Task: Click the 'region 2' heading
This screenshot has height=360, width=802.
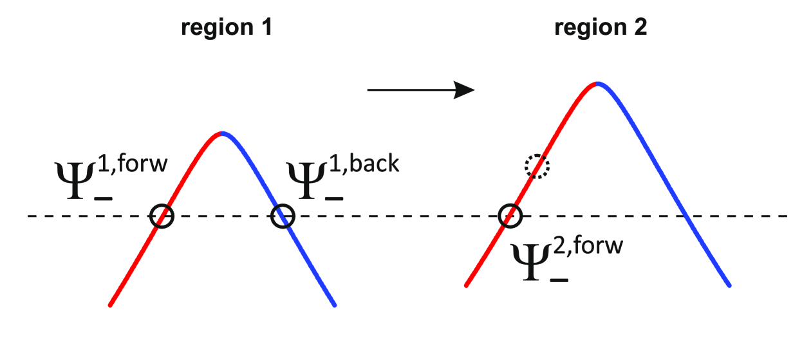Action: point(600,28)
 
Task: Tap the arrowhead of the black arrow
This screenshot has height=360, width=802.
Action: point(465,90)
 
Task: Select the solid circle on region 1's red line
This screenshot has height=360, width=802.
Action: point(162,216)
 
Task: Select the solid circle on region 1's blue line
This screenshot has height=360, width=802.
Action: point(282,216)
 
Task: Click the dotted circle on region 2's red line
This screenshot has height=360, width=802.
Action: point(536,166)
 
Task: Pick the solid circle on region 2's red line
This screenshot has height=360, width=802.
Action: point(510,216)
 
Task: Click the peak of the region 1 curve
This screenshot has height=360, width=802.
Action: point(222,133)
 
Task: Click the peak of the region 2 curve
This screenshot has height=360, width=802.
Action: point(599,83)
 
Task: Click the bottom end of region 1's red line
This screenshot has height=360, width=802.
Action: point(111,305)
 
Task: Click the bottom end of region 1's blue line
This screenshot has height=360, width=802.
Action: point(335,305)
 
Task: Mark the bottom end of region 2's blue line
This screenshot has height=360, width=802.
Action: point(729,285)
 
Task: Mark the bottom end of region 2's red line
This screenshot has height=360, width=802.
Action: point(465,285)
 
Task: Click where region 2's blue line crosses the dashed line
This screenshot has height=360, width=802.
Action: point(686,216)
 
